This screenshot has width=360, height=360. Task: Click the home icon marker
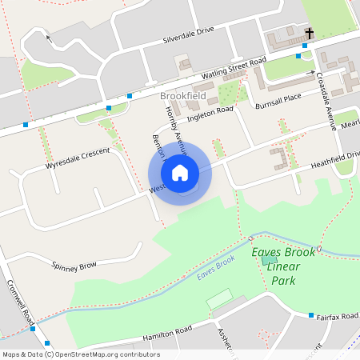[180, 172]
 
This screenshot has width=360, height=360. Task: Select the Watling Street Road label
[233, 69]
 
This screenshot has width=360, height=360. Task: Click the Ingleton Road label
[209, 115]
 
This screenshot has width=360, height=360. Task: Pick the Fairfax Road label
[335, 317]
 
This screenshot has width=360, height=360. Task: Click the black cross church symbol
[309, 34]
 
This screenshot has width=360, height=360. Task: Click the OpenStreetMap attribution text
[80, 354]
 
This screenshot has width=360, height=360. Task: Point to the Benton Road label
[158, 149]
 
